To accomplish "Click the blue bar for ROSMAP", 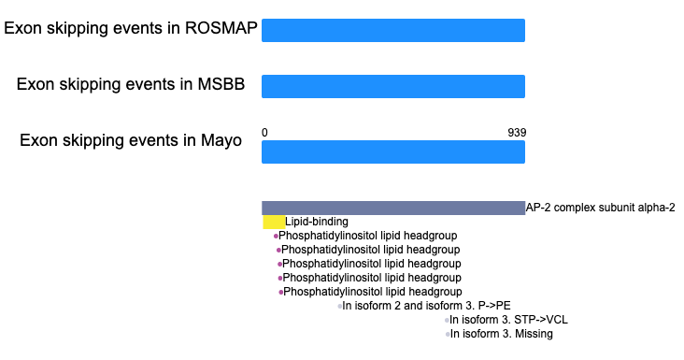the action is click(x=393, y=30).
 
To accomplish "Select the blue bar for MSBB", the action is click(x=393, y=86).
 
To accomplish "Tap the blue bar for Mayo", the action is click(x=393, y=151).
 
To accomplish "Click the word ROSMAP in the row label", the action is click(x=221, y=28).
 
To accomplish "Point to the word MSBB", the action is click(x=221, y=84).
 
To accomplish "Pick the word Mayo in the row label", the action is click(x=221, y=140).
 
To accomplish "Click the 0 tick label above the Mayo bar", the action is click(x=264, y=132).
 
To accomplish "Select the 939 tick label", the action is click(x=517, y=132).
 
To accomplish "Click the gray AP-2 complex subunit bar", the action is click(x=393, y=208).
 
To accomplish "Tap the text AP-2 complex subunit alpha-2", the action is click(x=600, y=208).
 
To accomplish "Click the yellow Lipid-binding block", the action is click(x=274, y=222).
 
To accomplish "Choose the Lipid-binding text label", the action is click(x=317, y=222).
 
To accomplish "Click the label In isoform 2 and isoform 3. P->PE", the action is click(x=426, y=306).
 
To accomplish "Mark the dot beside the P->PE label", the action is click(x=339, y=307).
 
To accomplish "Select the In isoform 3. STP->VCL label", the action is click(x=508, y=320).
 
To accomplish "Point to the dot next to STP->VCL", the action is click(x=447, y=321).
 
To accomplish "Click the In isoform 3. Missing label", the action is click(x=502, y=334).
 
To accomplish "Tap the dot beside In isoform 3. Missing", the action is click(x=448, y=334).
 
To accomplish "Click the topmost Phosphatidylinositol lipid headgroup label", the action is click(x=368, y=236).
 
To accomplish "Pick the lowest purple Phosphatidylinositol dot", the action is click(x=281, y=293).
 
